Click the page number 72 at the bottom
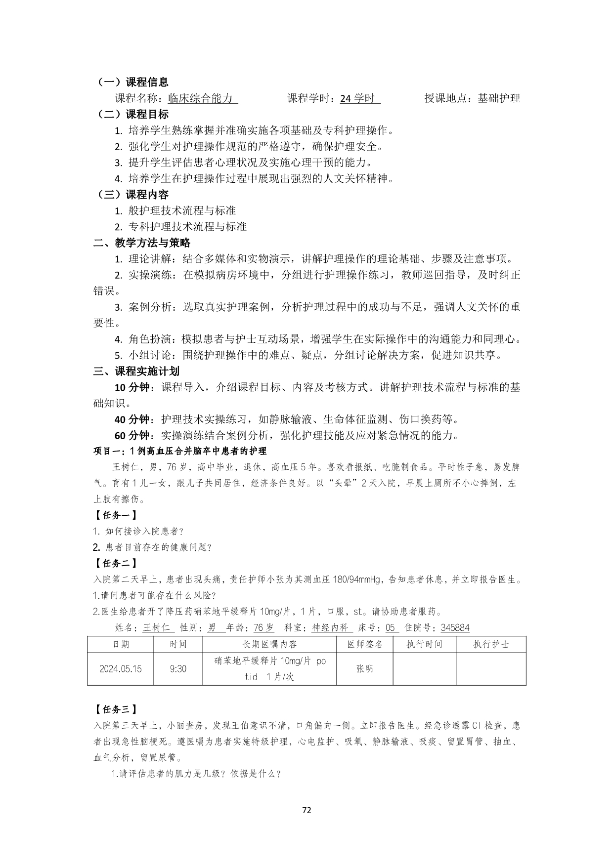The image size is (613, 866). point(306,810)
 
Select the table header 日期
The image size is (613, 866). point(121,644)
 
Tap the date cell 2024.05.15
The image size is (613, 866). point(121,669)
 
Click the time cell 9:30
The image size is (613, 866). point(178,669)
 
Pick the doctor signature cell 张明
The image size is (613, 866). point(364,669)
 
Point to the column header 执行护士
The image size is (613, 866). point(490,644)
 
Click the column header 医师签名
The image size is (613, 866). point(364,644)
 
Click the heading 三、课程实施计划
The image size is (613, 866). point(136,371)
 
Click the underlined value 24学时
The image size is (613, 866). point(359,98)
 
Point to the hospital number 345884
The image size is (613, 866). point(455,628)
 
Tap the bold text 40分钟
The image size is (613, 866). point(132,419)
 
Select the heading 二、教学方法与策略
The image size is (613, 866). point(142,243)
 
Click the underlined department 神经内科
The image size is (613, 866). point(331,628)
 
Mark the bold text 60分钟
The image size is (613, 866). point(132,435)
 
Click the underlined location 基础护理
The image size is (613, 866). point(499,98)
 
